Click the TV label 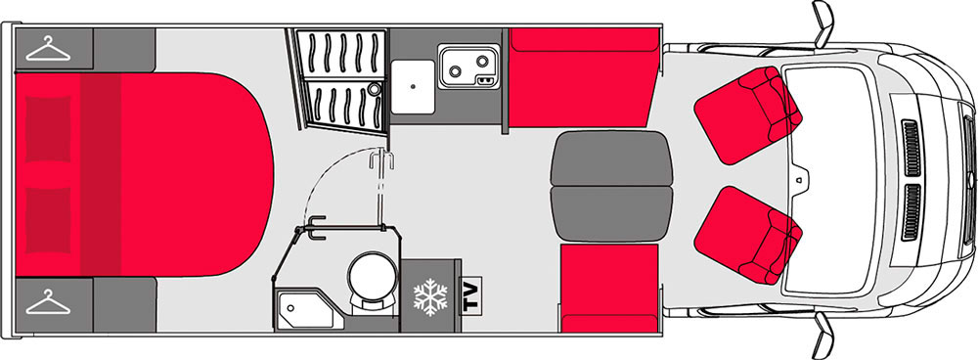tap(471, 297)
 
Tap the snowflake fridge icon tap(430, 297)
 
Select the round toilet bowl tap(373, 274)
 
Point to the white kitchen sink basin tap(413, 87)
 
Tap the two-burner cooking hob tap(468, 67)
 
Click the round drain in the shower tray tap(374, 89)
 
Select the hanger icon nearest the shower tap(48, 49)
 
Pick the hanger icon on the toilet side tap(48, 302)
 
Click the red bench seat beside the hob tap(583, 77)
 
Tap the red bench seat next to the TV tap(609, 289)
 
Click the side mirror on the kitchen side tap(823, 23)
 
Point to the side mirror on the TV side tap(823, 336)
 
